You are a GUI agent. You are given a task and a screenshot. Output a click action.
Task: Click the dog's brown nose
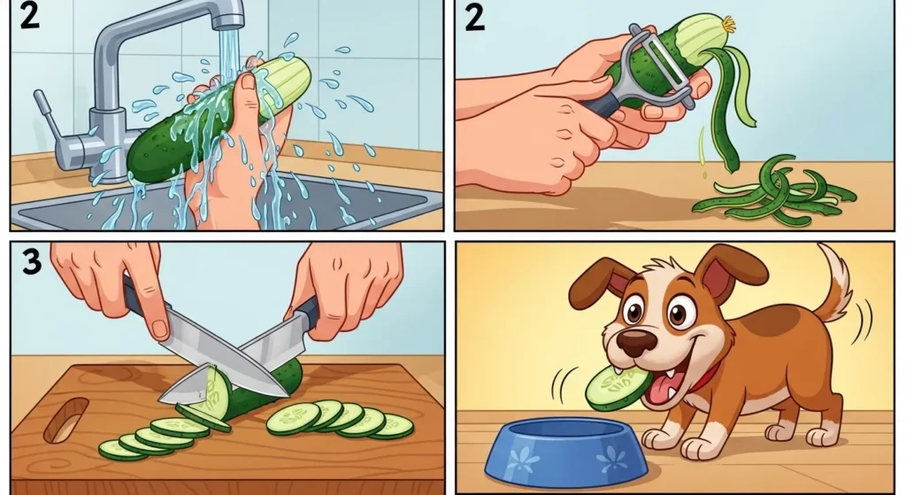637,342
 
